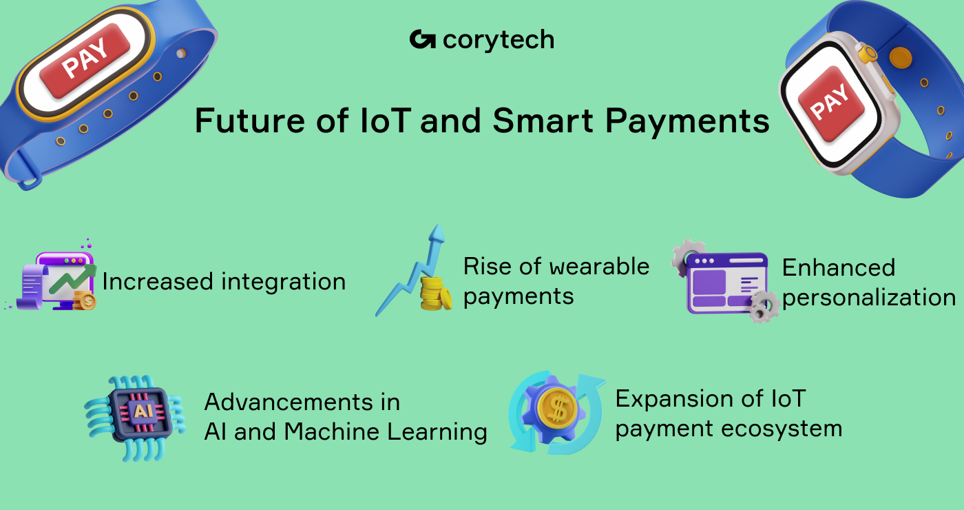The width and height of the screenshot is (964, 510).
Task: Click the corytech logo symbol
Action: [422, 40]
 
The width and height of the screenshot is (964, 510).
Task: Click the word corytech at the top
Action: [499, 41]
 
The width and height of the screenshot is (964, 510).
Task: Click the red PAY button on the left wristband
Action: [84, 60]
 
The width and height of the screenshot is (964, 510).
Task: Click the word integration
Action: [284, 282]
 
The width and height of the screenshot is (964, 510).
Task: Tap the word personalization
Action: [869, 298]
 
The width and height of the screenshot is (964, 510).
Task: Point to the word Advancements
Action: [302, 402]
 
